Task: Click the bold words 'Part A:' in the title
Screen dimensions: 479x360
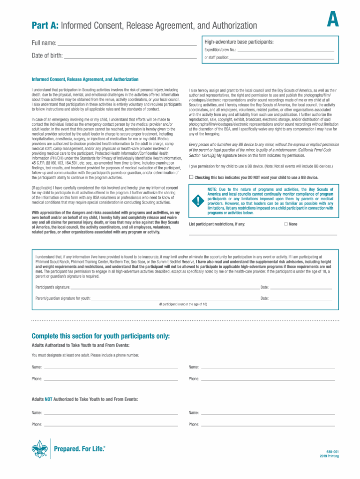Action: [45, 25]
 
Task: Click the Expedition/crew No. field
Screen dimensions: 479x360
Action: [285, 50]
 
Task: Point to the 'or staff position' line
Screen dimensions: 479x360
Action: [282, 58]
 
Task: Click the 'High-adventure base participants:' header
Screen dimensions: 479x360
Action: [239, 42]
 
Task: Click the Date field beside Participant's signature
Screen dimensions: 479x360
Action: [301, 287]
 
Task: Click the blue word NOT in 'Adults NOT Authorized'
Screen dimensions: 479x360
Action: [48, 399]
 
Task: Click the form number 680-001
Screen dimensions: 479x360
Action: [332, 451]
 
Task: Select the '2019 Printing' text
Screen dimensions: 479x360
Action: [329, 456]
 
